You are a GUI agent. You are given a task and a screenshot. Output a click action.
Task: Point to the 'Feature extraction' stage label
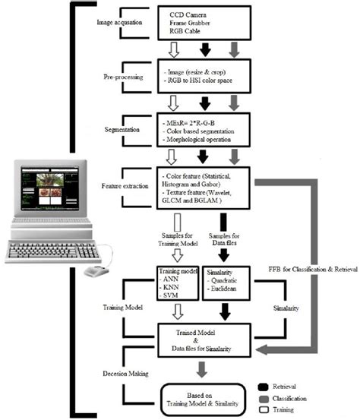pyautogui.click(x=121, y=185)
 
